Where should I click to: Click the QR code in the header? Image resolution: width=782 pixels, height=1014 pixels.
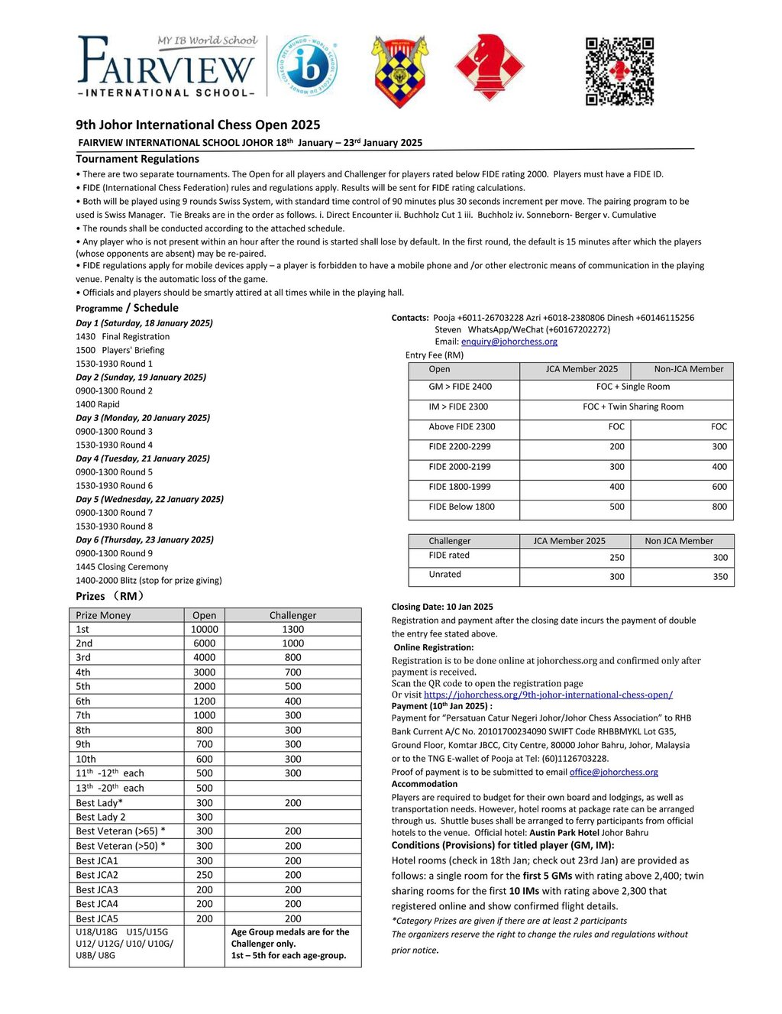[619, 71]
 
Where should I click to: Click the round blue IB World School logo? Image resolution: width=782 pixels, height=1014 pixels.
[308, 66]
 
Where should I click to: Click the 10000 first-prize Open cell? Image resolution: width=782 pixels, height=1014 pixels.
[204, 629]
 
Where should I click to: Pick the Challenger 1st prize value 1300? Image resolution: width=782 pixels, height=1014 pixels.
[292, 629]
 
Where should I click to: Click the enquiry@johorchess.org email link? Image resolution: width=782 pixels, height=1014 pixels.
[509, 342]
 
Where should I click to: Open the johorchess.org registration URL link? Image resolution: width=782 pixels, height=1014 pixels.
[548, 695]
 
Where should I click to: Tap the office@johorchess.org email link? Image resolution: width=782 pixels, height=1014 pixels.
[613, 772]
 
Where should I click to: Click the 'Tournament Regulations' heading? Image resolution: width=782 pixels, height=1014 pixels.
[137, 159]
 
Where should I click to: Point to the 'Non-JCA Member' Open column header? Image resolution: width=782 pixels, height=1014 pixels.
[688, 369]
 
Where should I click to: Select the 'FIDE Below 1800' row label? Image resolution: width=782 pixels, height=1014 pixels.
[461, 507]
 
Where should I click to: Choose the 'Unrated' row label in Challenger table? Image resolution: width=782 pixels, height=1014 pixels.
[444, 574]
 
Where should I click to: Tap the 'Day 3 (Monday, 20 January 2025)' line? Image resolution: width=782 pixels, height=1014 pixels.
[143, 418]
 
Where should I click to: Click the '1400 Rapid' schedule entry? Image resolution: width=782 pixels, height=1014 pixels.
[98, 404]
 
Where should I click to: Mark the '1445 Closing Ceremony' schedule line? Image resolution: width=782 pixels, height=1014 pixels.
[122, 567]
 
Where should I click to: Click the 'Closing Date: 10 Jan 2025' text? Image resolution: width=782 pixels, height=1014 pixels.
[442, 607]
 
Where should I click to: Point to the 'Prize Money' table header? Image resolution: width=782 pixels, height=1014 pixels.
[103, 615]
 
